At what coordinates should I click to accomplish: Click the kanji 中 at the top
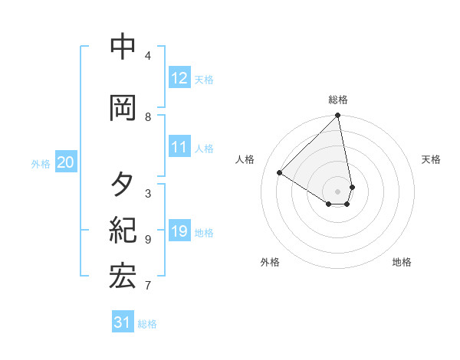point(123,47)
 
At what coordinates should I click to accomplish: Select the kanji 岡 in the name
point(123,107)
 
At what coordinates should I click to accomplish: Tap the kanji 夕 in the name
point(123,185)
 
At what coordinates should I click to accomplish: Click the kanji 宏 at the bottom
point(123,277)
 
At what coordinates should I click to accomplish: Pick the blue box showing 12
point(179,78)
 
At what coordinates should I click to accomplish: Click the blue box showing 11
point(179,147)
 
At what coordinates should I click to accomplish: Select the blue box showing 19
point(179,231)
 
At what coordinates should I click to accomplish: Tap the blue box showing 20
point(66,162)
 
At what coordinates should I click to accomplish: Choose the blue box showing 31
point(123,322)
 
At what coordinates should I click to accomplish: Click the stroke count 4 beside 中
point(148,56)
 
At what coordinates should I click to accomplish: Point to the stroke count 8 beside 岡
point(148,117)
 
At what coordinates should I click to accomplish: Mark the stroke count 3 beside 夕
point(148,194)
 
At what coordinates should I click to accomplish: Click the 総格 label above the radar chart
point(338,100)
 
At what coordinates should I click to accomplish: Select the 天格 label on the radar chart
point(431,159)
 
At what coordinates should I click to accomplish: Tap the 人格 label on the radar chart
point(245,159)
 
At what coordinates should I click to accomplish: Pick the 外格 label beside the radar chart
point(270,262)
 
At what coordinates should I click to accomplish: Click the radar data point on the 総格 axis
point(338,116)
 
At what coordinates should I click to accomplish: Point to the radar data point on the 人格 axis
point(280,172)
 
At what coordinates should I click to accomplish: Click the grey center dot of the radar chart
point(338,191)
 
